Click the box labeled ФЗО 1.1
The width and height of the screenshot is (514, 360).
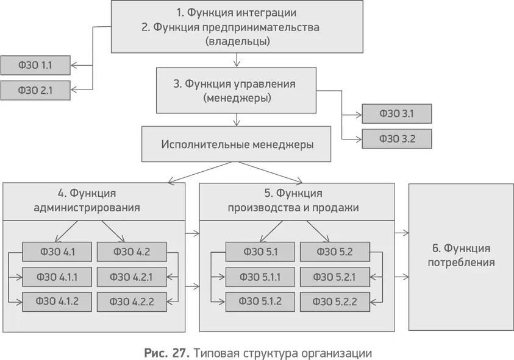[35, 65]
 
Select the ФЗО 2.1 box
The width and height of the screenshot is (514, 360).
[35, 90]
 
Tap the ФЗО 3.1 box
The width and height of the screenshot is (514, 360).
[397, 113]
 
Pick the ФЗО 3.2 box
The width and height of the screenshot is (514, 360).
[397, 138]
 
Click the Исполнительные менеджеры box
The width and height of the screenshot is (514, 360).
[237, 144]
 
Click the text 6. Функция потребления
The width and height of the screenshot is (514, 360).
[460, 256]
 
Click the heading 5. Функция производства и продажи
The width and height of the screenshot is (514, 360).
[293, 200]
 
